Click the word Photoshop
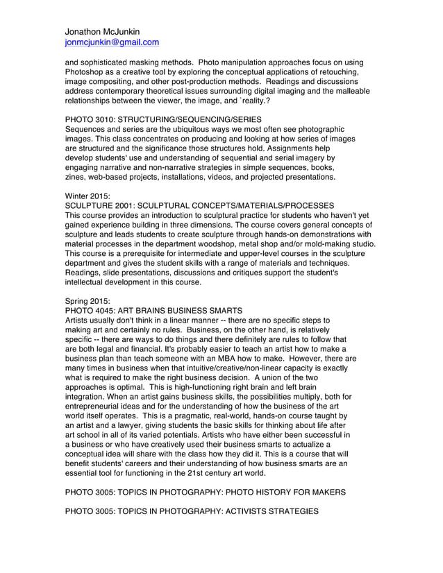click(x=88, y=72)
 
